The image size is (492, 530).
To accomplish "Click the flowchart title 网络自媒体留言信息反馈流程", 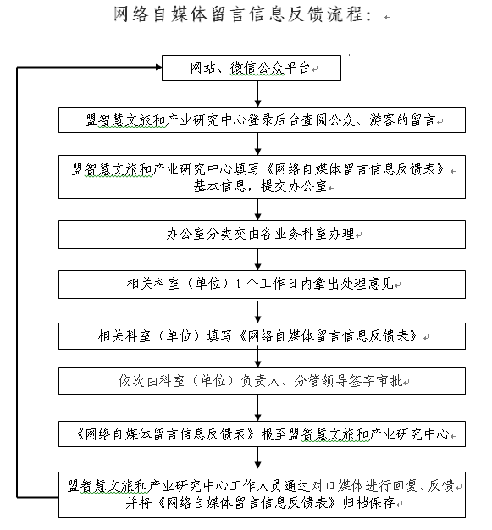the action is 241,15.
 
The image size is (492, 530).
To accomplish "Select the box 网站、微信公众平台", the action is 252,68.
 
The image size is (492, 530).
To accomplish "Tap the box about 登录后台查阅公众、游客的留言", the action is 262,119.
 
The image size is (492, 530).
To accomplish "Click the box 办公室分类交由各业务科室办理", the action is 262,235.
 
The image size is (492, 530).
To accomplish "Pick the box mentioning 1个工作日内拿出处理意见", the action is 262,284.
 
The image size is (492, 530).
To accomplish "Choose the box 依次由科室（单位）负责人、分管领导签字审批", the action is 262,381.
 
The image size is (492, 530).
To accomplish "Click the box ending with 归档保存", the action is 262,494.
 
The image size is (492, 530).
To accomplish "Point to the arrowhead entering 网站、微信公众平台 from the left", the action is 159,67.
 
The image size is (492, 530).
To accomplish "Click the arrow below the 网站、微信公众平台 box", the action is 257,94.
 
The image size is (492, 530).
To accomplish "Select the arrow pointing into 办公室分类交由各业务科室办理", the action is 257,210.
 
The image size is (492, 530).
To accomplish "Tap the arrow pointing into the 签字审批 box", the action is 257,358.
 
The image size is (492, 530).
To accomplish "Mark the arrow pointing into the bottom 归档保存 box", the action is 257,459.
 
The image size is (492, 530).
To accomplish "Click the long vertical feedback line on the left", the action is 17,282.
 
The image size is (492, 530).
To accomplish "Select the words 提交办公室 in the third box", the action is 294,186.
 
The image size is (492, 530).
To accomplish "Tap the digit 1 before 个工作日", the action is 239,284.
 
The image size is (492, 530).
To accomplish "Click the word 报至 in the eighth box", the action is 274,434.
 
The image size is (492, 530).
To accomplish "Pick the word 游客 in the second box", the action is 382,120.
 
